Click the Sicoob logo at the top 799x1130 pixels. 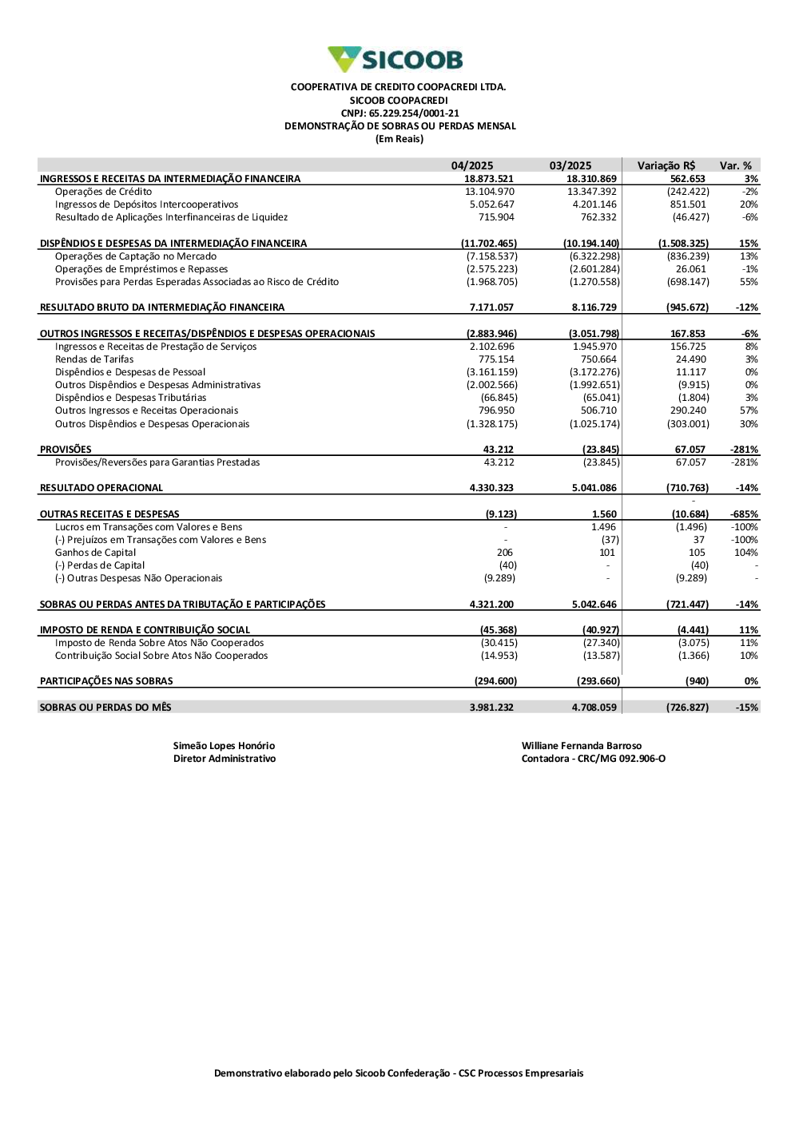point(396,59)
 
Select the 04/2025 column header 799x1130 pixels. point(472,166)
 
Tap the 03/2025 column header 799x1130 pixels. point(570,166)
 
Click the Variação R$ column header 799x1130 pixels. point(666,166)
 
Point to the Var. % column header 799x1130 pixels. point(736,166)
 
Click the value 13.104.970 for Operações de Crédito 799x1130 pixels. point(490,192)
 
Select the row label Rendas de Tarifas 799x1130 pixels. point(94,359)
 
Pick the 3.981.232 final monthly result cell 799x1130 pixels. point(491,708)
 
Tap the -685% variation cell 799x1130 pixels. point(744,514)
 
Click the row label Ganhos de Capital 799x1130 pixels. point(95,553)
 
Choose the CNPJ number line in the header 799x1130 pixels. point(399,113)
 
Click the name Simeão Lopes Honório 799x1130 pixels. point(224,746)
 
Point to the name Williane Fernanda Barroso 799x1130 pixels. point(582,746)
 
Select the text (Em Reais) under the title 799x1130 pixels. point(399,139)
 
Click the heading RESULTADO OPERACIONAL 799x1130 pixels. point(101,488)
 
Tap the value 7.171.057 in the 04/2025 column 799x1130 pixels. point(491,307)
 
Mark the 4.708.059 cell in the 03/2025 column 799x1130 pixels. point(594,708)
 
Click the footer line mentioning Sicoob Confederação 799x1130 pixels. point(399,1073)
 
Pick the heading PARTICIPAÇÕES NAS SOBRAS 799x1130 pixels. point(106,681)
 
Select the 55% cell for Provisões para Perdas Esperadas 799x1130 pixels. point(749,282)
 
